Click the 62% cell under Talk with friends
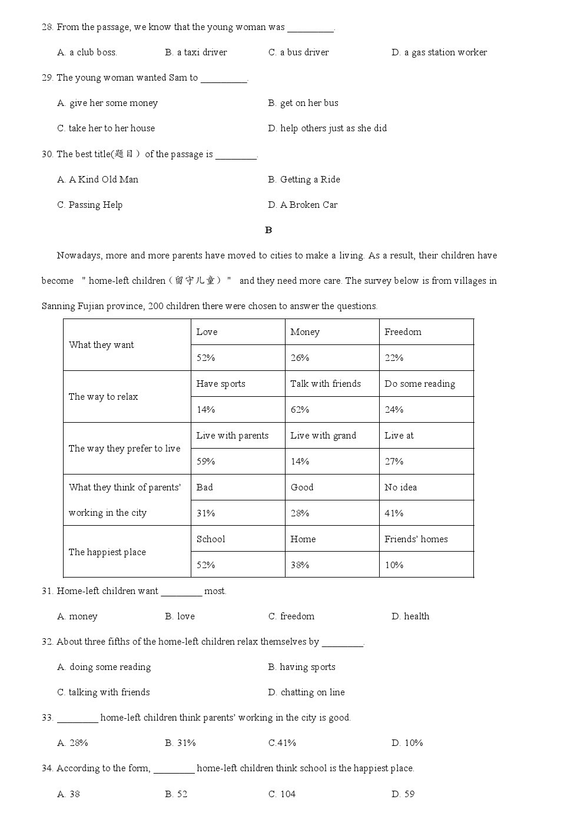(x=300, y=410)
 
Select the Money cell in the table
(x=305, y=332)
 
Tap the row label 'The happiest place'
(x=107, y=552)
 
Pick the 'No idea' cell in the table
(x=400, y=487)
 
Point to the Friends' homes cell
(x=416, y=539)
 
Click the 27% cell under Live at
(x=394, y=462)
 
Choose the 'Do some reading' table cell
(x=420, y=384)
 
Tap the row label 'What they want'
(x=101, y=345)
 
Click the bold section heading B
(x=268, y=230)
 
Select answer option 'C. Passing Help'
(x=90, y=205)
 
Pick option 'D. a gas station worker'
(x=439, y=52)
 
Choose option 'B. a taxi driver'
(x=196, y=52)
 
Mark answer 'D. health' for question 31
(x=410, y=616)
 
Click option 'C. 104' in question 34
(x=282, y=794)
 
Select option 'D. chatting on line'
(x=306, y=692)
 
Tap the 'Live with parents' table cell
(x=232, y=436)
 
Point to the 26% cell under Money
(x=300, y=358)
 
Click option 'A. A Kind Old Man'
(x=98, y=180)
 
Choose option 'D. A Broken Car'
(x=303, y=205)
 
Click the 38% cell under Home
(x=300, y=565)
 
